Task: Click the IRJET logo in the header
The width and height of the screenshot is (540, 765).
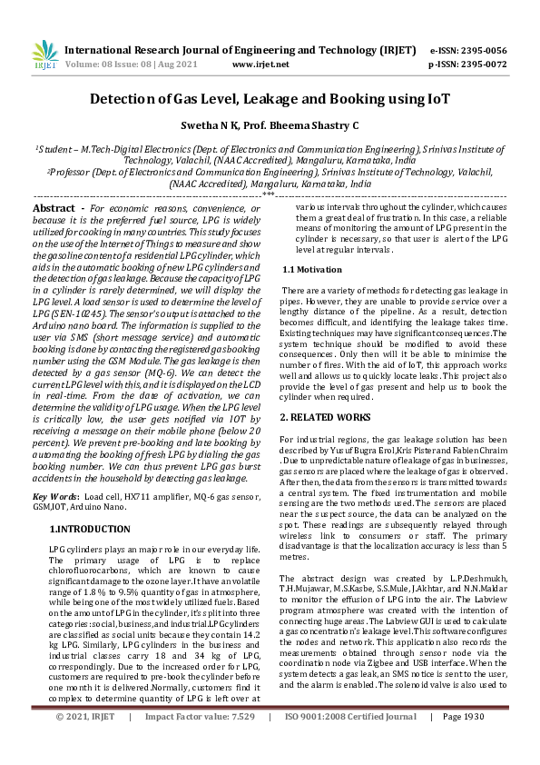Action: (x=44, y=56)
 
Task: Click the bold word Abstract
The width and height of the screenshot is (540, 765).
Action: (x=54, y=208)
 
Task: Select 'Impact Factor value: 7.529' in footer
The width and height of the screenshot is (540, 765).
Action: (x=201, y=742)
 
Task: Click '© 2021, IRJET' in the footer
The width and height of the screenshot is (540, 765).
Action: (x=85, y=742)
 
